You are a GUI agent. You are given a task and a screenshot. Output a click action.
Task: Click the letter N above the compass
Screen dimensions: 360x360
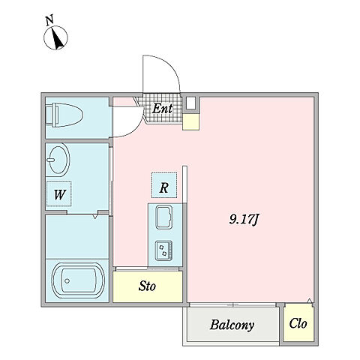coord(49,20)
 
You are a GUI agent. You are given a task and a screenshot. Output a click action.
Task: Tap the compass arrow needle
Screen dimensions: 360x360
coord(58,38)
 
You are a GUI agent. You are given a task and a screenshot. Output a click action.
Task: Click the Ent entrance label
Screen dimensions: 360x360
coord(162,109)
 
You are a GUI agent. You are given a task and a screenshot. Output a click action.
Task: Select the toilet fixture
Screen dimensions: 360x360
coord(64,115)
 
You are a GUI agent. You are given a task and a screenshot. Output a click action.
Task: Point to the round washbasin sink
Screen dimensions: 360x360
coord(58,159)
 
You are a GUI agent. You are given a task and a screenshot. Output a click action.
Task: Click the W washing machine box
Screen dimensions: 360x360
coord(59,193)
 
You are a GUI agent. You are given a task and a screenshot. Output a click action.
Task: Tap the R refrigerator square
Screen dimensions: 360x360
coord(164,185)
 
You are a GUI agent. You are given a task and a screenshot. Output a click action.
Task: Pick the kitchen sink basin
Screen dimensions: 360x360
coord(164,217)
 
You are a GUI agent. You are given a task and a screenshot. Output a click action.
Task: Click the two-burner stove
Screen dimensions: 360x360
coord(163,250)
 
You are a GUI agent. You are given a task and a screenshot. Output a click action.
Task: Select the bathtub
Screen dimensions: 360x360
coord(78,280)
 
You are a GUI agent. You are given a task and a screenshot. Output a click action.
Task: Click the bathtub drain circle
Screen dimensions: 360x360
coord(67,281)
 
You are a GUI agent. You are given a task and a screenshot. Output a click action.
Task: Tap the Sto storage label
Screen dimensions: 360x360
coord(147,286)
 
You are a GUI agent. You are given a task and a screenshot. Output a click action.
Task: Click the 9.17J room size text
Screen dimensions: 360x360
coord(244,220)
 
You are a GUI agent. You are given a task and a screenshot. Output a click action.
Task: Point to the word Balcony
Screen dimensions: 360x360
coord(232,325)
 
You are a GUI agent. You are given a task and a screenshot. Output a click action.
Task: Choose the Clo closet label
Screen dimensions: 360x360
coord(298,323)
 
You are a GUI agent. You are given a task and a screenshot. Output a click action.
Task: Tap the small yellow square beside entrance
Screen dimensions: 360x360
coord(191,121)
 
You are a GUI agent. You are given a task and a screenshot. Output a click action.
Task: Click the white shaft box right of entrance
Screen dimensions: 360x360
coord(191,103)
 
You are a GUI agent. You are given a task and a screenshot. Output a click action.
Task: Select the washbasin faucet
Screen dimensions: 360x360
coord(51,160)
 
